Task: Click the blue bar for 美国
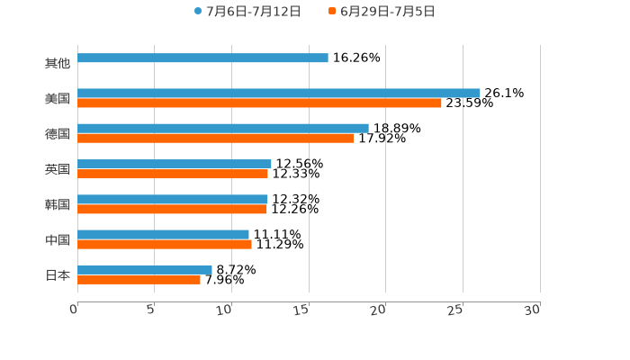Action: coord(279,94)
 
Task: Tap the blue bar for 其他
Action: coord(202,58)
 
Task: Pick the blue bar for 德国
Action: coord(223,129)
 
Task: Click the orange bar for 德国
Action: coord(216,139)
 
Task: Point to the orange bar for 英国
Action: coord(173,174)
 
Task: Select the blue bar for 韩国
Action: coord(173,200)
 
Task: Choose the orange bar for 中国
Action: coord(165,245)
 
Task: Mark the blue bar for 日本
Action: coord(145,270)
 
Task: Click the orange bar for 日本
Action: coord(139,280)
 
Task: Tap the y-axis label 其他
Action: coord(58,64)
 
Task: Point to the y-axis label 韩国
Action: coord(58,205)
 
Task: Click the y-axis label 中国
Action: coord(58,240)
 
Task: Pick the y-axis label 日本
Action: coord(58,275)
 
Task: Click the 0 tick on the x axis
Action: coord(75,310)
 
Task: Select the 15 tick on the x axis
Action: coord(302,310)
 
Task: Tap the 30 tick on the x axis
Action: coord(533,310)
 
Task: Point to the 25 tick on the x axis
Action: coord(456,310)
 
